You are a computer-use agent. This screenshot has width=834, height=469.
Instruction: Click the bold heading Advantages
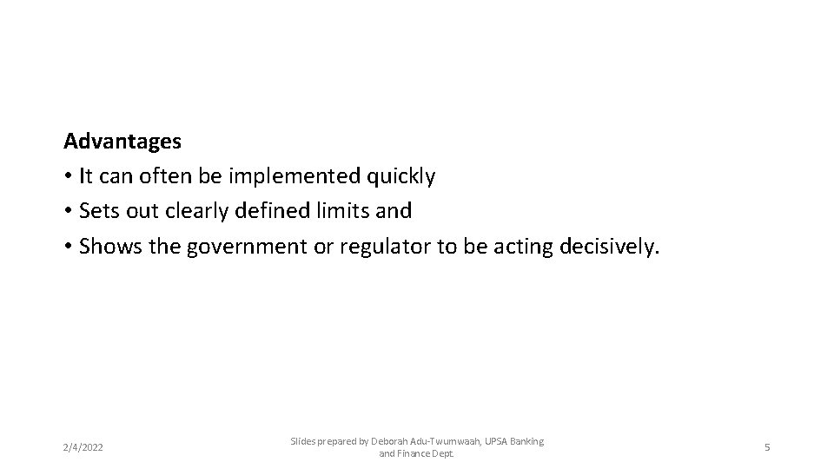(x=122, y=140)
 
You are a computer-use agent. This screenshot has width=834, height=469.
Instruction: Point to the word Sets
(x=97, y=211)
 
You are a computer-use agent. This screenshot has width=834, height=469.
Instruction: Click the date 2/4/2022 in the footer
(x=83, y=447)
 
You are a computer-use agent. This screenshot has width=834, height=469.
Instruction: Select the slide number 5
(x=767, y=447)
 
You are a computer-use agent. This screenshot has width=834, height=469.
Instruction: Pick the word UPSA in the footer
(x=496, y=441)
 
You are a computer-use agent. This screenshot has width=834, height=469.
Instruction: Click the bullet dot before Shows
(x=68, y=248)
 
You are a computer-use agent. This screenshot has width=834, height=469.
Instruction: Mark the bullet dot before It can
(x=68, y=177)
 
